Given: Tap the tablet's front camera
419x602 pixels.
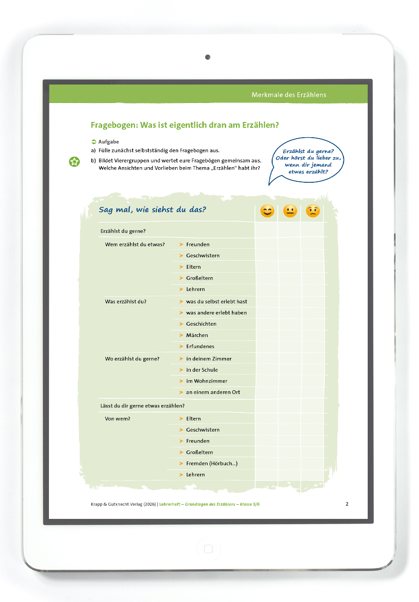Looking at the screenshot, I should click(208, 57).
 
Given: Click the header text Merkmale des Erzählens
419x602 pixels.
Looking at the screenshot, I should click(289, 95).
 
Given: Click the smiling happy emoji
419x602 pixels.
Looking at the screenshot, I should click(267, 211).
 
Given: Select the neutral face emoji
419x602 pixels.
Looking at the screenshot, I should click(290, 211).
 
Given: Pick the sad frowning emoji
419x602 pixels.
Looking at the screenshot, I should click(312, 211).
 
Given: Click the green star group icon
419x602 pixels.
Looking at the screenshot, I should click(74, 162).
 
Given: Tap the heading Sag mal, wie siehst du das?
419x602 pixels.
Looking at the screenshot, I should click(152, 210).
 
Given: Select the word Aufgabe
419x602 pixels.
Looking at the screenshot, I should click(108, 141).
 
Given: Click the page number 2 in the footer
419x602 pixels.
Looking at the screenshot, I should click(347, 504).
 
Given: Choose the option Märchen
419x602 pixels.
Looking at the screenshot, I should click(197, 335).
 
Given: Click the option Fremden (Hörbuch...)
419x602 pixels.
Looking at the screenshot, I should click(211, 463).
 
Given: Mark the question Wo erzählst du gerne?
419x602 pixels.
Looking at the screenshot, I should click(132, 359).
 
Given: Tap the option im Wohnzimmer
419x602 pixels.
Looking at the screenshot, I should click(207, 381).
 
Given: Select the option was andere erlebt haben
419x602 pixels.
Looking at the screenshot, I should click(216, 313).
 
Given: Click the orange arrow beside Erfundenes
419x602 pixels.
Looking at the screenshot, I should click(181, 347).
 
